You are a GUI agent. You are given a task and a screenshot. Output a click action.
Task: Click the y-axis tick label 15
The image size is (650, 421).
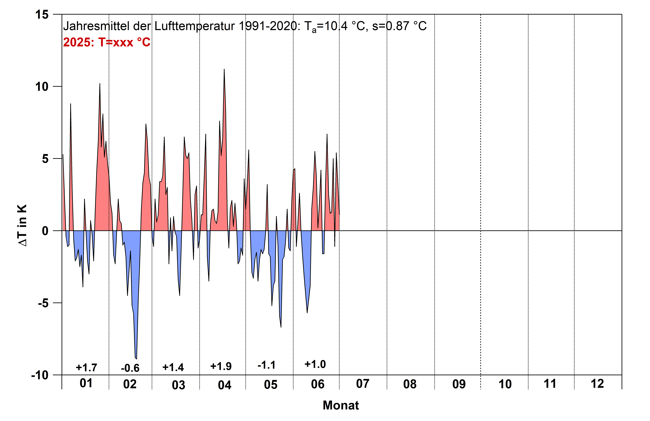click(x=42, y=15)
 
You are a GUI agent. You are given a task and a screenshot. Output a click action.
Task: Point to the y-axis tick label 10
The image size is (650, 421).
click(x=42, y=87)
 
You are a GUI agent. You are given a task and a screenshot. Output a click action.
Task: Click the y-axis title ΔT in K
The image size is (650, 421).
click(x=22, y=225)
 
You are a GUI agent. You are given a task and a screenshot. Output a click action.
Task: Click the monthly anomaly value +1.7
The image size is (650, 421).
click(x=86, y=368)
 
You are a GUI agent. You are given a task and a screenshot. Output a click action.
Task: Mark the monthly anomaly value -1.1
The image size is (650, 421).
click(x=267, y=365)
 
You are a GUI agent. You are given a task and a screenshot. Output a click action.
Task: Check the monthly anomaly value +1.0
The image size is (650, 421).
click(x=315, y=364)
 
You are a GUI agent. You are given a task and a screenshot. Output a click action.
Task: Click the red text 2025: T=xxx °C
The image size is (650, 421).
click(x=106, y=42)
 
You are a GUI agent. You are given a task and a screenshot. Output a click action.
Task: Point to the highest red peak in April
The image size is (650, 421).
click(x=224, y=70)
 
